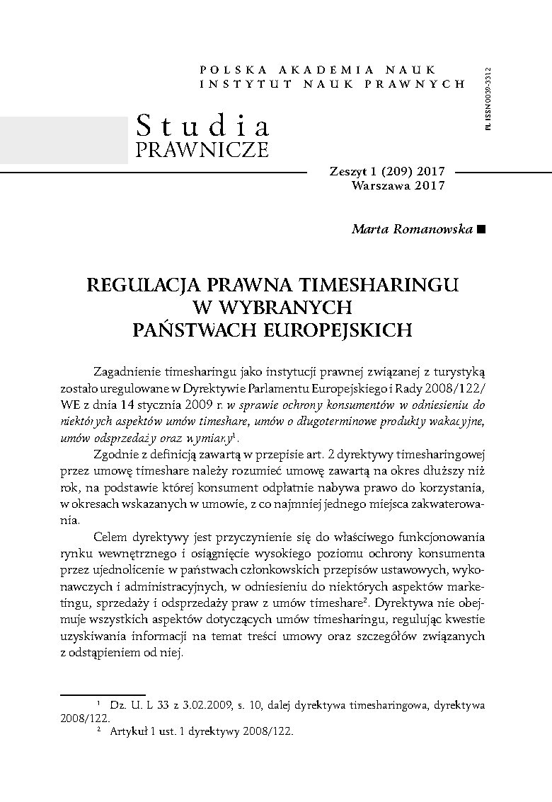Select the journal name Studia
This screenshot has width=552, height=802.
click(203, 126)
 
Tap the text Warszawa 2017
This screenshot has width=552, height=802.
click(398, 186)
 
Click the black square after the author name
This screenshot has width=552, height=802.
click(482, 229)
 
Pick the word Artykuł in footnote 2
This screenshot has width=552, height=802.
click(127, 732)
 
